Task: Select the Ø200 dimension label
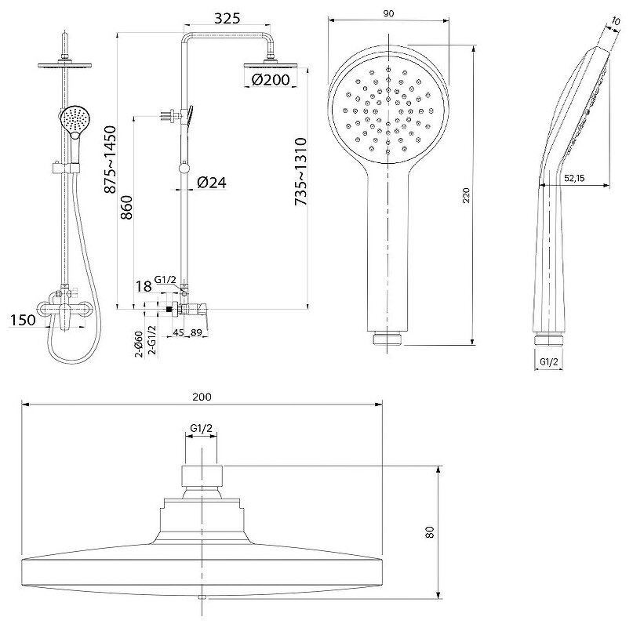[x=271, y=78]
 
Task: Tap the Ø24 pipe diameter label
[x=211, y=183]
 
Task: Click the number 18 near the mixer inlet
[x=143, y=288]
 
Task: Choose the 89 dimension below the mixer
[x=197, y=332]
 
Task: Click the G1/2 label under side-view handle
[x=548, y=361]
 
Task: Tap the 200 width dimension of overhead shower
[x=202, y=397]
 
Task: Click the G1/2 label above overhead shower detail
[x=202, y=427]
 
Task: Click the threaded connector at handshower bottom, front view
[x=388, y=339]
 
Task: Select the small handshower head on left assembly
[x=75, y=121]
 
